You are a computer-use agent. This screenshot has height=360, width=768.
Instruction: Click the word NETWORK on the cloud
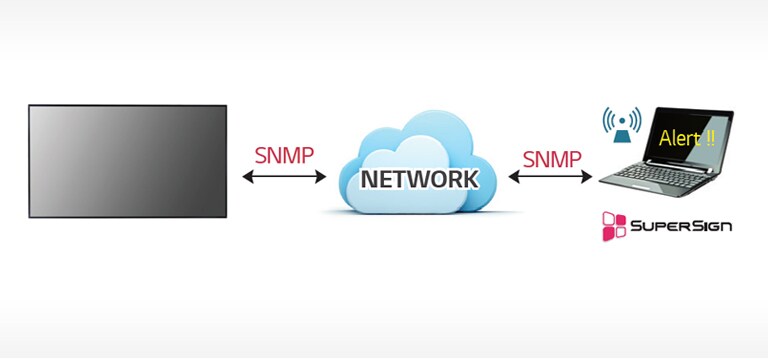pos(419,180)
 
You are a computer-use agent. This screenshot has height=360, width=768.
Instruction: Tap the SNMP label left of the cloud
pos(284,155)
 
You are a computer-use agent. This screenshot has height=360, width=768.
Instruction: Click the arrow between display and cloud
pos(284,178)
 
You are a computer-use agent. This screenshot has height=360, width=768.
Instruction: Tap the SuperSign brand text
pos(680,226)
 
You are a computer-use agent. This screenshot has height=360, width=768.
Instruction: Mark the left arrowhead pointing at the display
pos(246,178)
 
